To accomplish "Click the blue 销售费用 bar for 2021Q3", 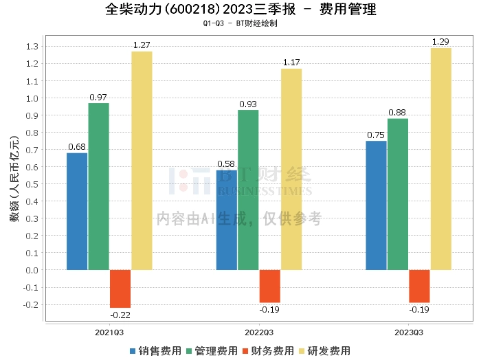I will click(x=77, y=211).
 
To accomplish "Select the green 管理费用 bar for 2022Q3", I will click(x=248, y=190).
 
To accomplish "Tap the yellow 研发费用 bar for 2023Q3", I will click(x=440, y=159).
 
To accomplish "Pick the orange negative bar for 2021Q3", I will click(x=120, y=289).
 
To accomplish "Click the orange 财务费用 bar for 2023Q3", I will click(x=419, y=286).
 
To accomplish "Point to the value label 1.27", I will click(x=142, y=45).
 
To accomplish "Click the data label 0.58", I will click(x=226, y=164).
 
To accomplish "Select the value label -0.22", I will click(x=120, y=315).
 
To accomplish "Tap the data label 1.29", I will click(x=440, y=42).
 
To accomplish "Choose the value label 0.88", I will click(x=398, y=113).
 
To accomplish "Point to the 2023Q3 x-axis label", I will click(x=408, y=333).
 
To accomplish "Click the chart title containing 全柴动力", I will click(x=240, y=10).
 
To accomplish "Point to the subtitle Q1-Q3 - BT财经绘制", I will click(x=240, y=24).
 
